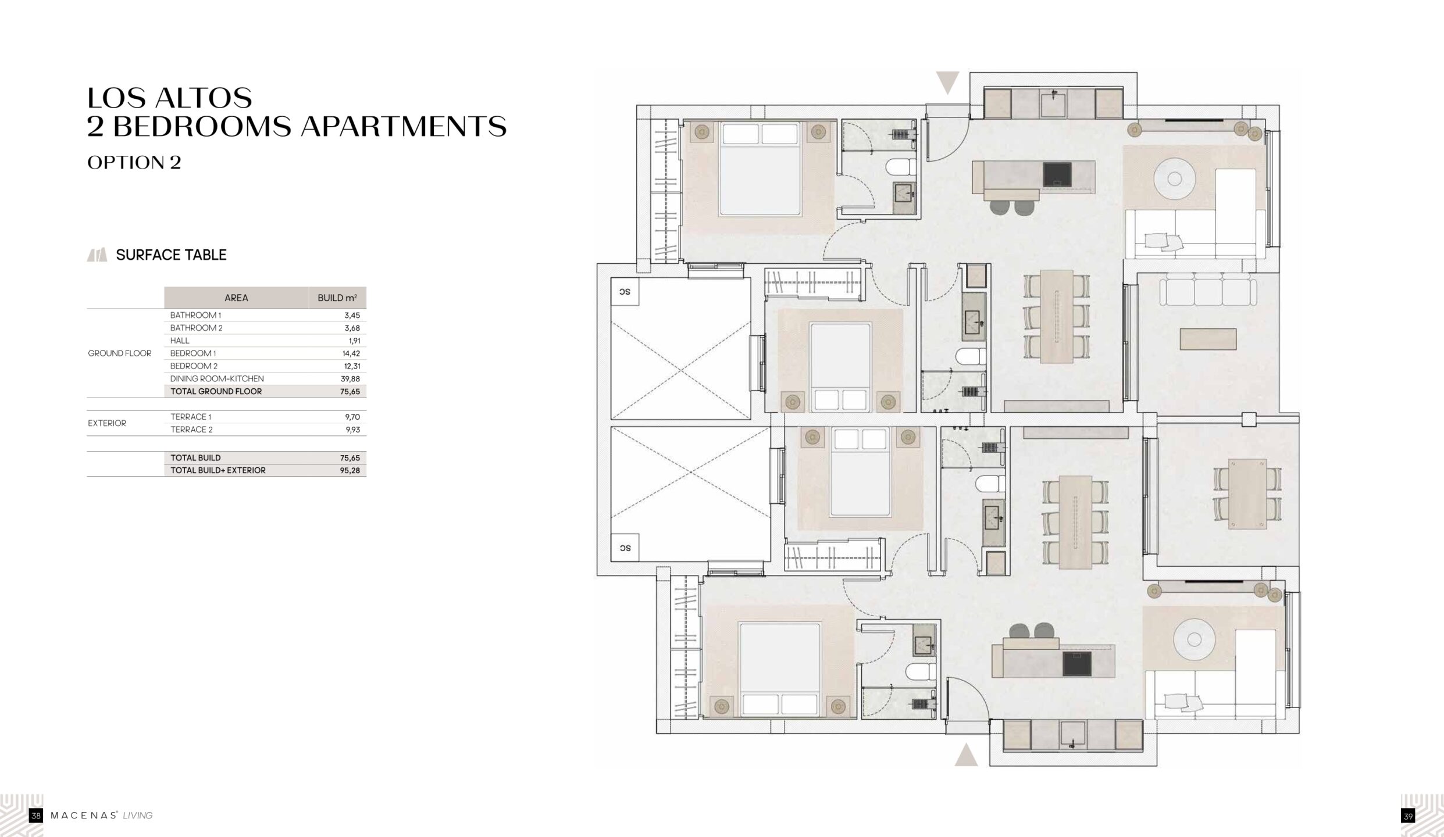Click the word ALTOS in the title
click(203, 98)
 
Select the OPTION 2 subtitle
click(134, 163)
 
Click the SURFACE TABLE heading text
click(171, 255)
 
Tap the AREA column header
click(236, 298)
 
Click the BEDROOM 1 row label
click(193, 353)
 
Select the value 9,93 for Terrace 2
click(352, 430)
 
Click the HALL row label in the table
click(180, 341)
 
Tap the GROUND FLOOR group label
click(120, 353)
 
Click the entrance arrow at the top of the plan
click(947, 83)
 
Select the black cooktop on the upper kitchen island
click(1057, 174)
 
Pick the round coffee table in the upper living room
click(1174, 178)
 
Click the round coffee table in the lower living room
click(1194, 640)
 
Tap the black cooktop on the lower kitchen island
click(1076, 664)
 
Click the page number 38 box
click(36, 816)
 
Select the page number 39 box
click(1408, 816)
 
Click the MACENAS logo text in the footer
click(84, 815)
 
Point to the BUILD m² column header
click(337, 298)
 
